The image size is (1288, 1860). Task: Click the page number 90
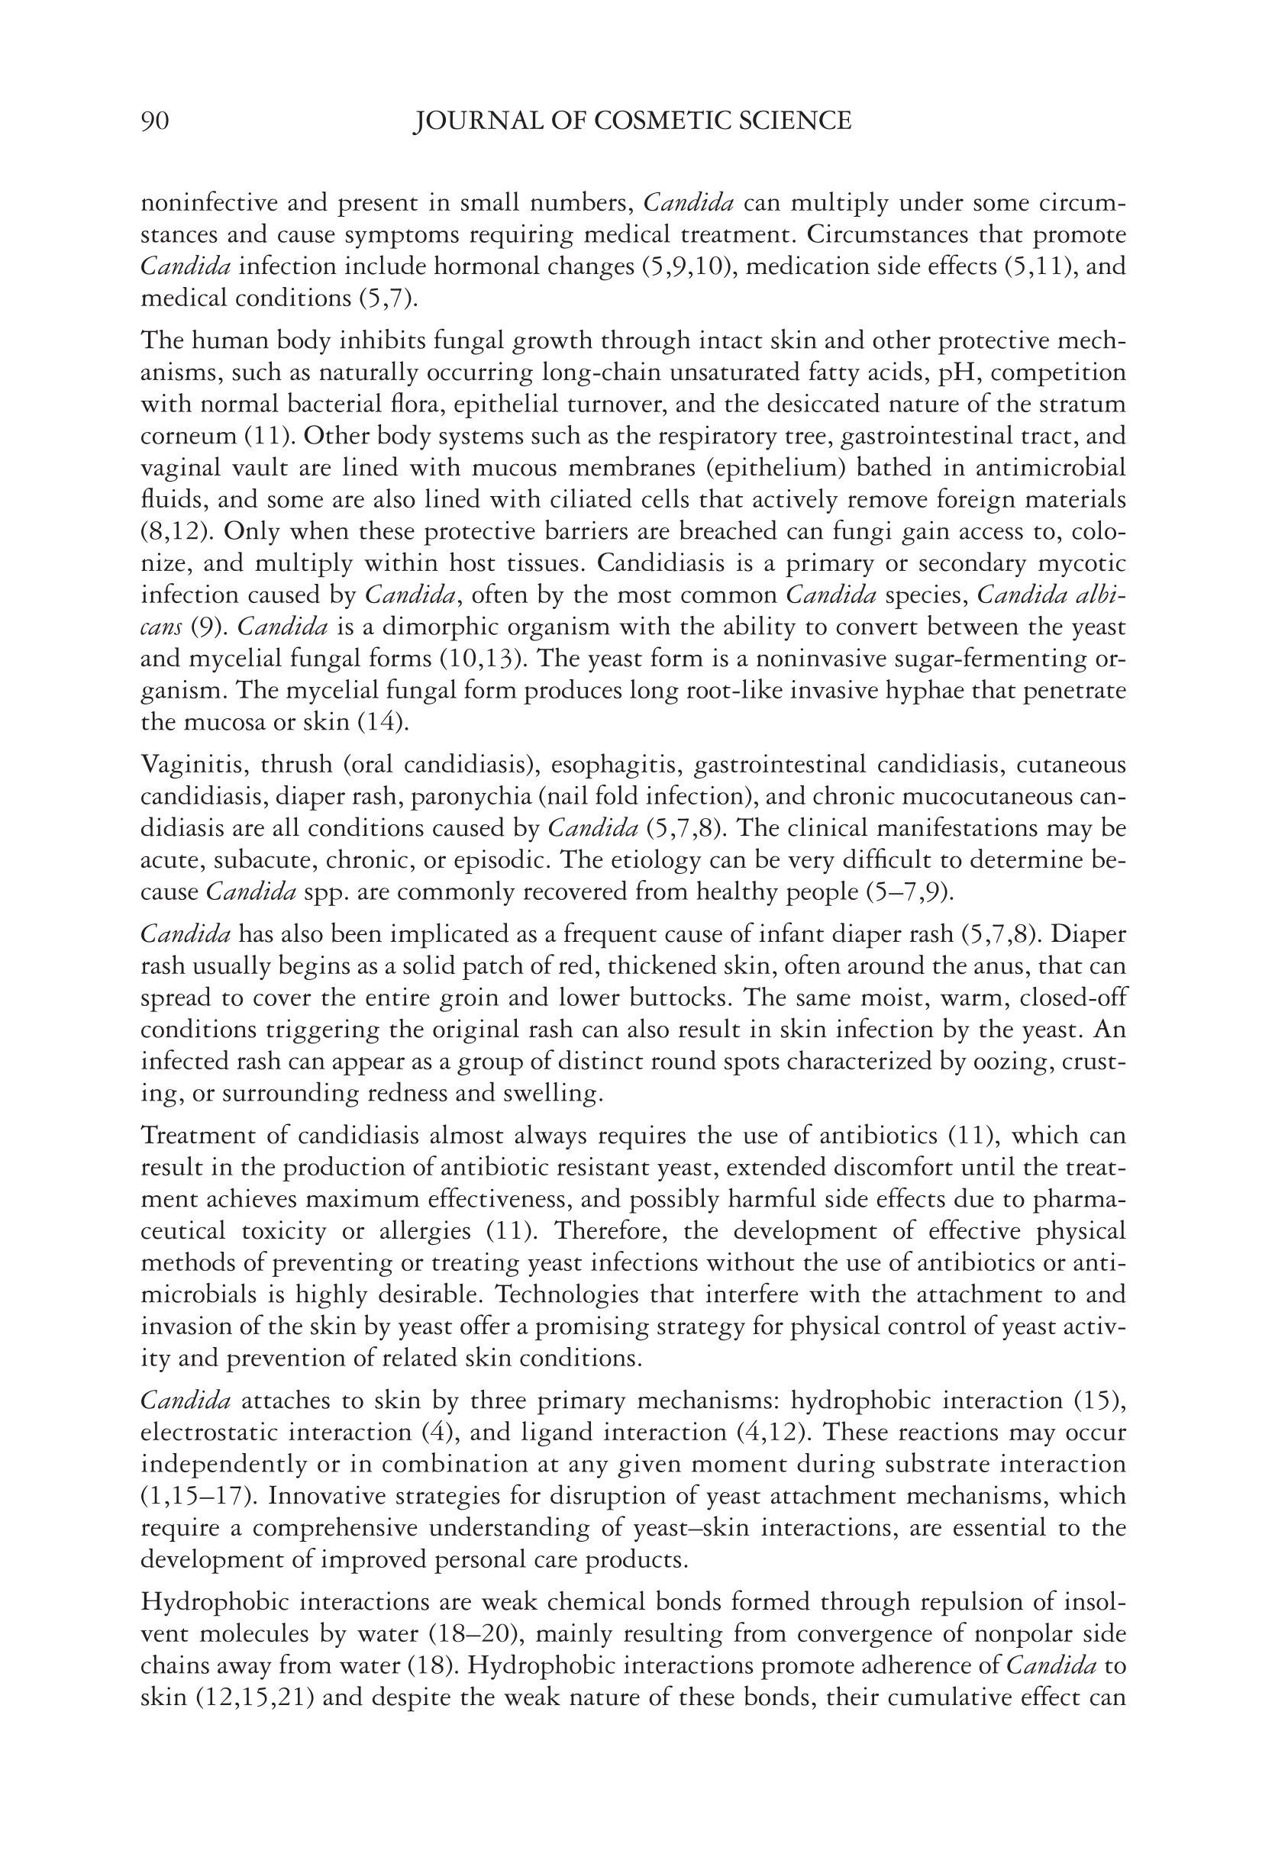pyautogui.click(x=155, y=121)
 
